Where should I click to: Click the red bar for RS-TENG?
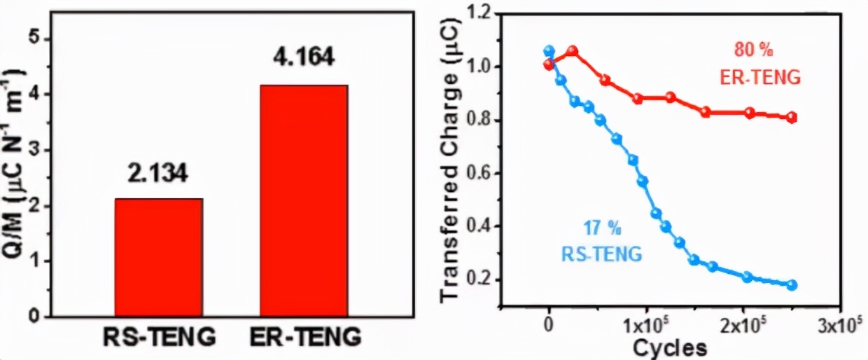(159, 257)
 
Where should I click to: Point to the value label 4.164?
(303, 57)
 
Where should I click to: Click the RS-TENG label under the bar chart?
(159, 338)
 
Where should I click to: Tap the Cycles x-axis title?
(671, 347)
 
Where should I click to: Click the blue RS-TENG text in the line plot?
(602, 254)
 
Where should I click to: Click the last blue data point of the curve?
(792, 285)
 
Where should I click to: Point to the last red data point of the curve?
(792, 117)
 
